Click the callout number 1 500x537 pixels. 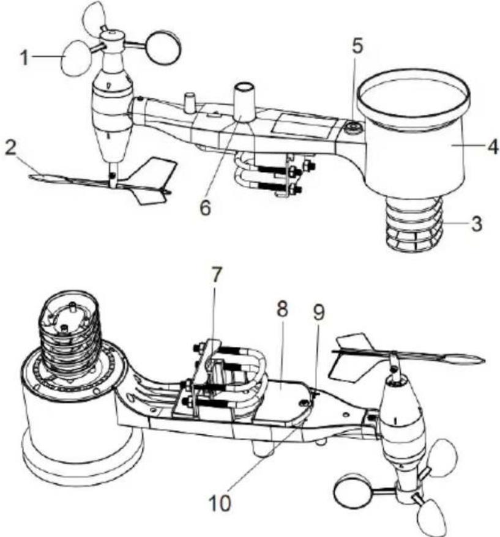pos(24,57)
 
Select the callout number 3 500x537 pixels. pos(476,224)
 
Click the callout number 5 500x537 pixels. pos(357,46)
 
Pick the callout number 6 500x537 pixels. pos(205,207)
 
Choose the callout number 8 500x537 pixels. pos(282,309)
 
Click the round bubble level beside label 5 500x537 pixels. pos(352,128)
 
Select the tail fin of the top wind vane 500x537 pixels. pos(152,182)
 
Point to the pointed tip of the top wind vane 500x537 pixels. pos(30,177)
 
